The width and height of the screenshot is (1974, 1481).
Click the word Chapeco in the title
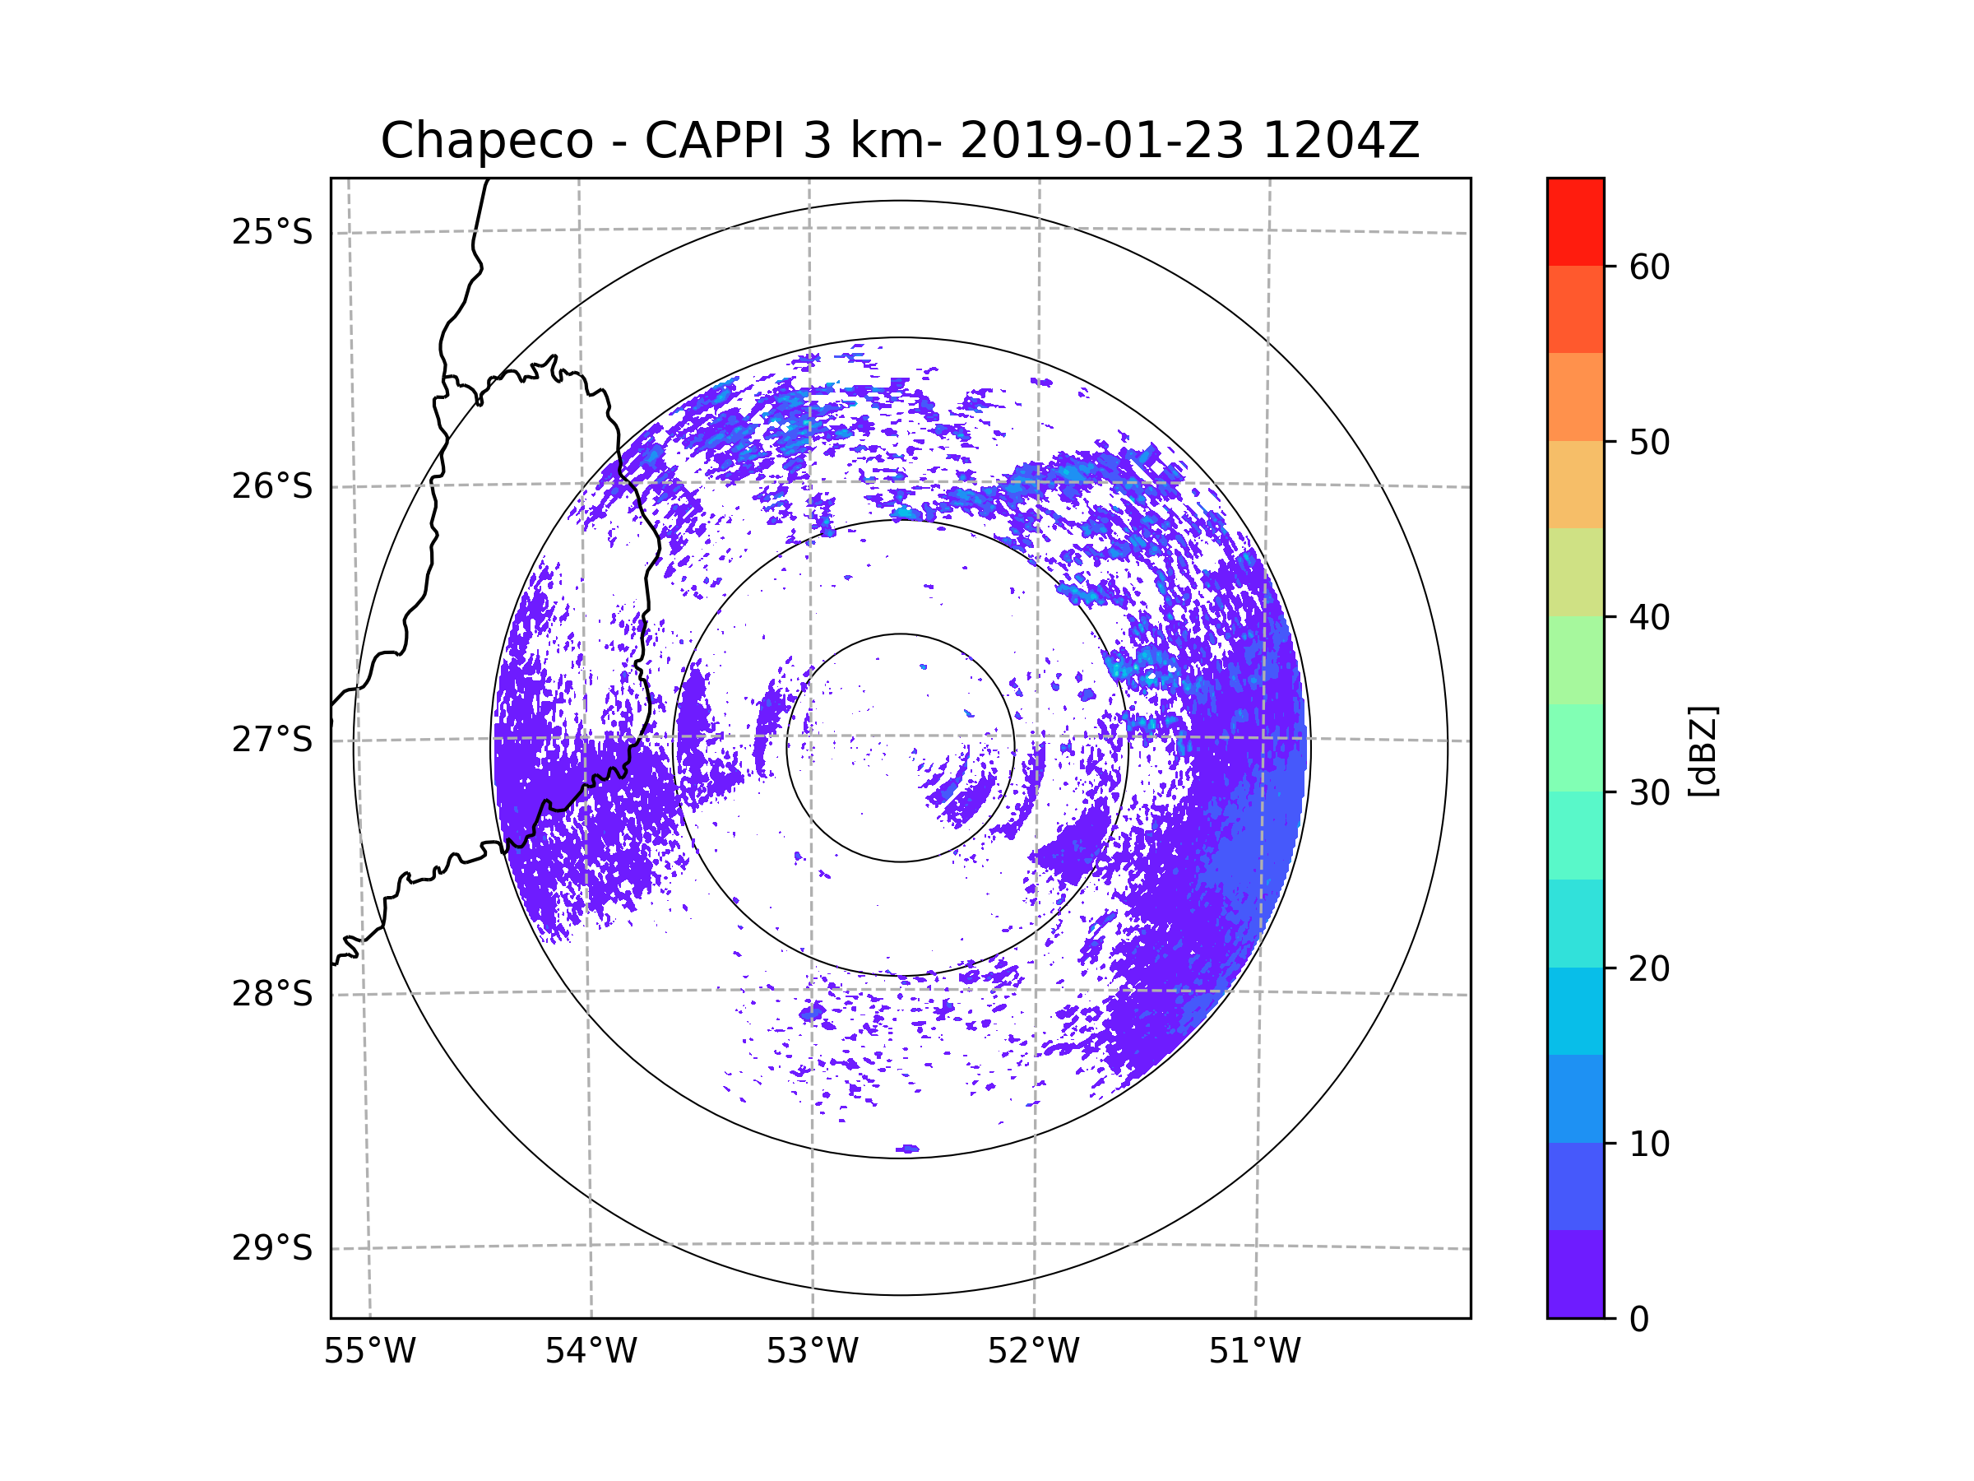click(x=486, y=141)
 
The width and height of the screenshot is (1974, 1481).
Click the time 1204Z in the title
click(x=1341, y=141)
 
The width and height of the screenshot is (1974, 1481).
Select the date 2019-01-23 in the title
click(x=1101, y=141)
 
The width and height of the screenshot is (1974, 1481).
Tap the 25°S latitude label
click(x=272, y=232)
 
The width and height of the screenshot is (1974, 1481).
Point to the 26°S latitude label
click(x=272, y=486)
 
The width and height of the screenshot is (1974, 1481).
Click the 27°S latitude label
click(x=272, y=740)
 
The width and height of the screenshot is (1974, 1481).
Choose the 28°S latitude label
click(x=272, y=994)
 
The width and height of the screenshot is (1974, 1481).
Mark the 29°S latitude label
click(x=272, y=1248)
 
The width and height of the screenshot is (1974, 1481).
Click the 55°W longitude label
click(x=369, y=1352)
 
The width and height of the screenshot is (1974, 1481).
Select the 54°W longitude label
click(x=591, y=1352)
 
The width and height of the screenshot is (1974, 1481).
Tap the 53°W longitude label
click(x=812, y=1352)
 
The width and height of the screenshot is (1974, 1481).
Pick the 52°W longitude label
click(x=1033, y=1352)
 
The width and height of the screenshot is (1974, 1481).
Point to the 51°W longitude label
click(x=1254, y=1352)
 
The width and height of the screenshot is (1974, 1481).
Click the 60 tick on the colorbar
click(x=1649, y=267)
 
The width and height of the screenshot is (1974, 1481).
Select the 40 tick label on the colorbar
click(x=1649, y=618)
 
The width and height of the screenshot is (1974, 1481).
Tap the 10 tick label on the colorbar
click(x=1649, y=1144)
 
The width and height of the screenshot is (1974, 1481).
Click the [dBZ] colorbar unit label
click(x=1703, y=750)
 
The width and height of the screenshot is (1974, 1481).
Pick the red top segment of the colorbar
click(x=1575, y=221)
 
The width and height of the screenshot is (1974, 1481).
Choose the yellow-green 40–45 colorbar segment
click(x=1575, y=572)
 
